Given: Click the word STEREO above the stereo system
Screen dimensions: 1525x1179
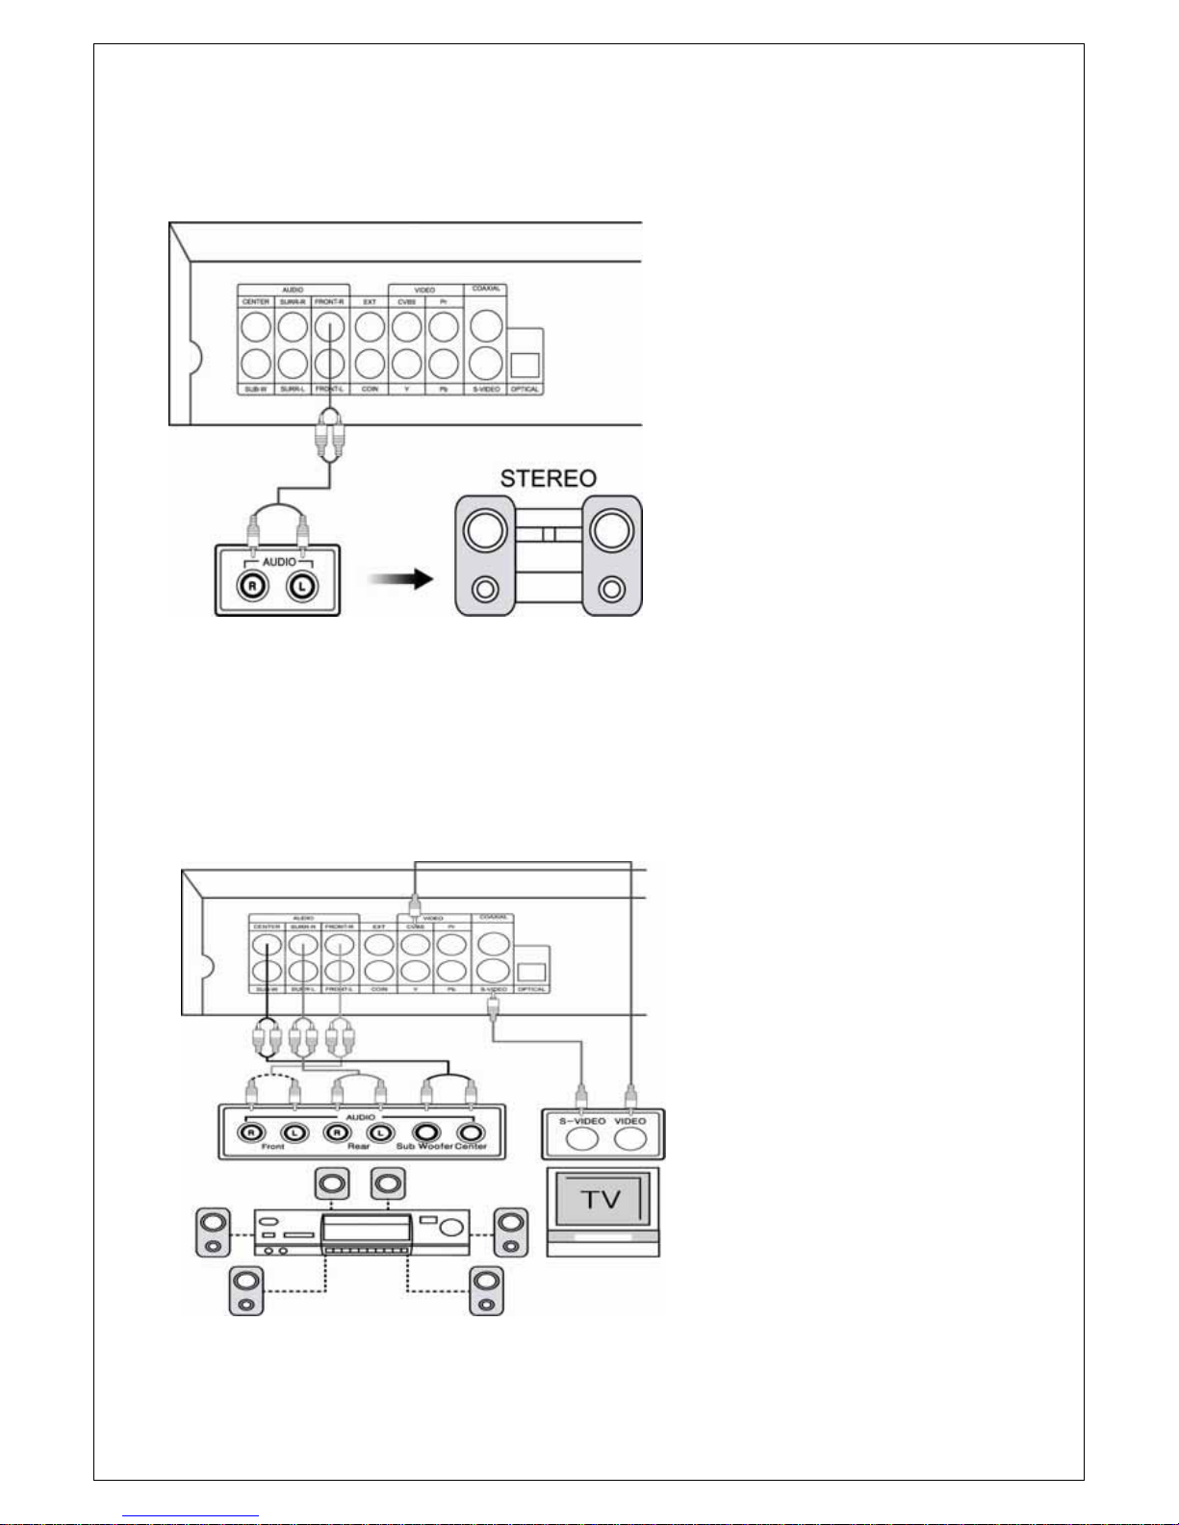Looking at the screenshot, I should coord(548,478).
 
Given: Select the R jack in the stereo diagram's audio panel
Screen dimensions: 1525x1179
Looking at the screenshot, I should coord(253,587).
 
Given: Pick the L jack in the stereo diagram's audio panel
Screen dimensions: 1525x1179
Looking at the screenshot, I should coord(301,587).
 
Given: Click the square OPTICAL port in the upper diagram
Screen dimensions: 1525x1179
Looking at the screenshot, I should coord(525,365).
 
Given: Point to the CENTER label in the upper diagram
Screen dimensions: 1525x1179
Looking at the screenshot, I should coord(256,302).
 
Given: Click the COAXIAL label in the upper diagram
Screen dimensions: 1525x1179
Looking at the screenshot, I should coord(486,289).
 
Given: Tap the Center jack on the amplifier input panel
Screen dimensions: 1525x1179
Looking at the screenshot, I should coord(471,1132).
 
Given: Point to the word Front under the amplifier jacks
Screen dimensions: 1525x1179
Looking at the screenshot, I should coord(272,1147).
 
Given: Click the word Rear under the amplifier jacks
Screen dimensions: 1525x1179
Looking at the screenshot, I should coord(358,1147).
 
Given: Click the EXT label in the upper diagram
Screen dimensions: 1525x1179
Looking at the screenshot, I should coord(370,302).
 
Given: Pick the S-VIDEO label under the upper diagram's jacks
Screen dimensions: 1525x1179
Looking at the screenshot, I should coord(486,390).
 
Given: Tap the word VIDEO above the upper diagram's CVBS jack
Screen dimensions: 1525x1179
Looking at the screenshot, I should coord(424,290).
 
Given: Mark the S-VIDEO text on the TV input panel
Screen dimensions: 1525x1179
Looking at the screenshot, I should coord(582,1121).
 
